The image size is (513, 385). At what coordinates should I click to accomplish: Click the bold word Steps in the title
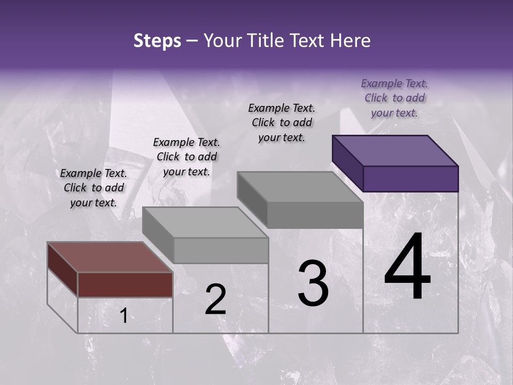pos(157,41)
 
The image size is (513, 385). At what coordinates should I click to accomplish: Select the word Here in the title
pos(351,41)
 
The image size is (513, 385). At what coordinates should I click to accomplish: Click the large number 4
pos(408,267)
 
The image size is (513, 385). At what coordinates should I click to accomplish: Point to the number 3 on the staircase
pos(313,283)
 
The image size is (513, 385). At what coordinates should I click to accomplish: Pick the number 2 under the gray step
pos(215,299)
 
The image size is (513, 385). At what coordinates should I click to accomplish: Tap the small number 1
pos(123,316)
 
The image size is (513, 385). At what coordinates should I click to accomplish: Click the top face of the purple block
pos(395,150)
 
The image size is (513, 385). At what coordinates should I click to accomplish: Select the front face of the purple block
pos(410,179)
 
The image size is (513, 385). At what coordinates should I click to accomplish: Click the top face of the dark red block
pos(110,257)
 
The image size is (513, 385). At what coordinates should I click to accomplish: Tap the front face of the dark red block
pos(125,284)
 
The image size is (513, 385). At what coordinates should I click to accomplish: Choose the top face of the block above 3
pos(300,187)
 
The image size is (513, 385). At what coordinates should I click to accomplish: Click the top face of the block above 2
pos(205,222)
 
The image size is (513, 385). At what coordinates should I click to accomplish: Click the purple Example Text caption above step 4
pos(394,98)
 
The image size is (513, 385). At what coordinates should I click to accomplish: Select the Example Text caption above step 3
pos(282,122)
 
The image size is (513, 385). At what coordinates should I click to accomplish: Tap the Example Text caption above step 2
pos(186,157)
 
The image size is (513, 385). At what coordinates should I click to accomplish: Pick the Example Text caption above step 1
pos(94,188)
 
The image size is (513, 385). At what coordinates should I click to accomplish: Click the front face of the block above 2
pos(221,250)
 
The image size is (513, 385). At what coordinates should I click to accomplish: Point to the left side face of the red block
pos(63,268)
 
